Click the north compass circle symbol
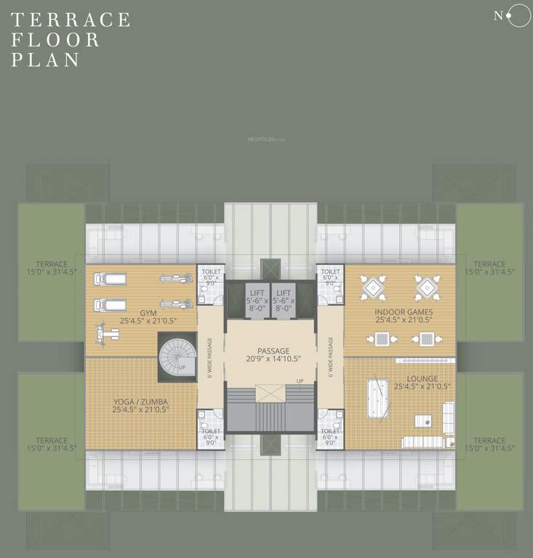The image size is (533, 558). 518,16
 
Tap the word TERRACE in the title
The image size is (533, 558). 71,20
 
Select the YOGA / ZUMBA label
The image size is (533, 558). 141,405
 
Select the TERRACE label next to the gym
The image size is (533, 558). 52,267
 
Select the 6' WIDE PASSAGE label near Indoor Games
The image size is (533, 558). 330,357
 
